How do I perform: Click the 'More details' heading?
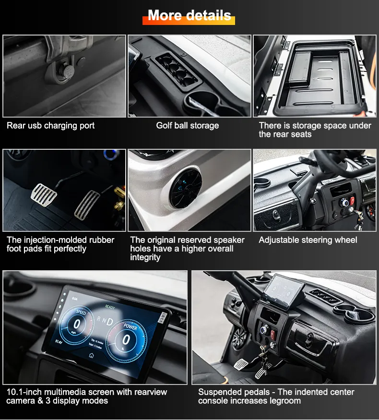click(189, 15)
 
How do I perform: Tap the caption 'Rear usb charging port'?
click(50, 126)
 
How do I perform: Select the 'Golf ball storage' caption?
click(188, 126)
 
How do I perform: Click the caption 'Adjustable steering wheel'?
click(308, 240)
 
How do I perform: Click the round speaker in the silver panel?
click(186, 188)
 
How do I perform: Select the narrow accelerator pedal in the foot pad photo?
click(87, 205)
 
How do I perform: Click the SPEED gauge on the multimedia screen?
click(77, 324)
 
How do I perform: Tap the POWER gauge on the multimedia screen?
click(126, 339)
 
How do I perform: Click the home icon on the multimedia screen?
click(91, 355)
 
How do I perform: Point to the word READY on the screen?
click(110, 307)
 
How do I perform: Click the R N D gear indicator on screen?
click(105, 321)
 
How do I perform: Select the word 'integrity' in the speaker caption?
click(145, 257)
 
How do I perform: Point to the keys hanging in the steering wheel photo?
click(358, 219)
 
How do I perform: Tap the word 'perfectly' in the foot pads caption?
click(70, 249)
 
